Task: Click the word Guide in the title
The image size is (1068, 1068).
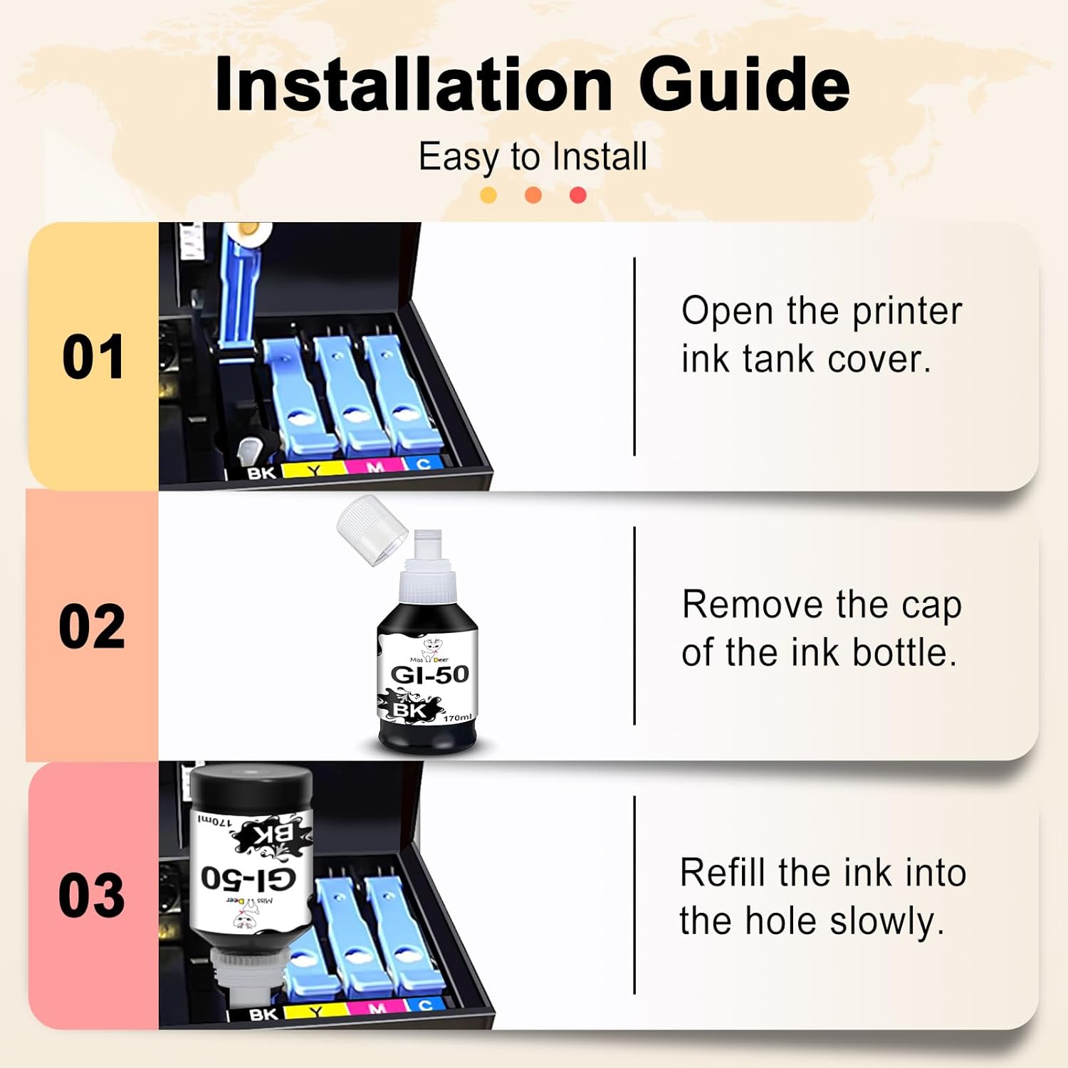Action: (744, 84)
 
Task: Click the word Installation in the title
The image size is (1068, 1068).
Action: (414, 84)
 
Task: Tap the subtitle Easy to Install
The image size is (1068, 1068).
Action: (533, 157)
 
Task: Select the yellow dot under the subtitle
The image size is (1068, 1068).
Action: (488, 194)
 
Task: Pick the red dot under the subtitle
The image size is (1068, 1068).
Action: (578, 194)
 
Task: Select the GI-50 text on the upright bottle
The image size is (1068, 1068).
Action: (430, 674)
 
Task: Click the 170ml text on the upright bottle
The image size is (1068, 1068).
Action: (457, 717)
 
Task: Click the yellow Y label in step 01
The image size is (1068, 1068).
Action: (313, 469)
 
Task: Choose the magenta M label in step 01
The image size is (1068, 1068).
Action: (375, 467)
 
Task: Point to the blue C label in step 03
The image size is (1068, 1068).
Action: (425, 1005)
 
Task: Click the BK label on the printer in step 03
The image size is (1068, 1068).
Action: (263, 1014)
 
